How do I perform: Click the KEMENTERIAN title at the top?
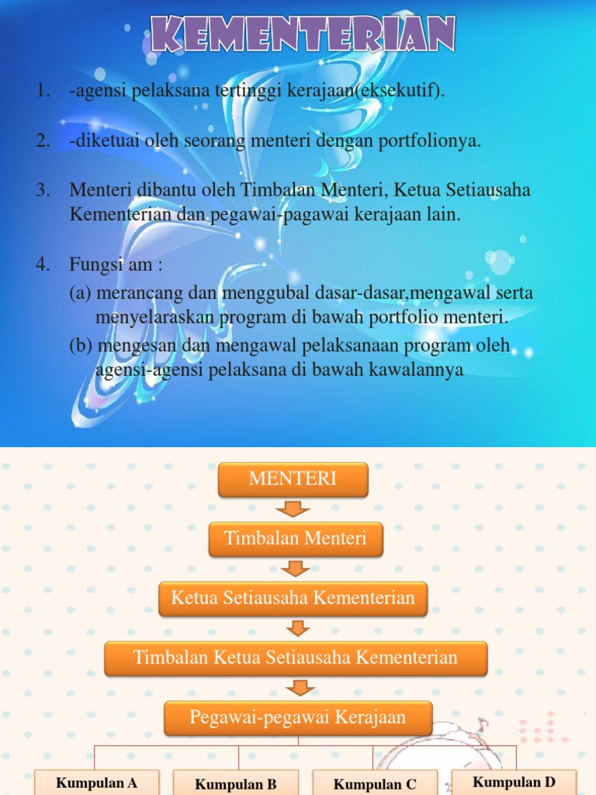303,35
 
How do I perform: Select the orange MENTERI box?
293,480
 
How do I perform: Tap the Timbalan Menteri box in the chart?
295,539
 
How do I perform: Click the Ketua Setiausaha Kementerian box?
293,598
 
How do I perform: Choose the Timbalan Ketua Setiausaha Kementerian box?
296,658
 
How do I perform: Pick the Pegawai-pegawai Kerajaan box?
298,717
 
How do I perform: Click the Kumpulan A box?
97,783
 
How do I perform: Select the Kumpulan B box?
236,784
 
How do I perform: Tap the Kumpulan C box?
375,784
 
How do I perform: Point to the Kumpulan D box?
514,782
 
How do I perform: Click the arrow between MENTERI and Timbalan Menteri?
293,509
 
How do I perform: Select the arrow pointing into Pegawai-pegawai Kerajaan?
298,688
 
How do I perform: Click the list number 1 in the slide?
42,91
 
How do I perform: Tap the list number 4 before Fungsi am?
42,266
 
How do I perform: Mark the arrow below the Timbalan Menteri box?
294,569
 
